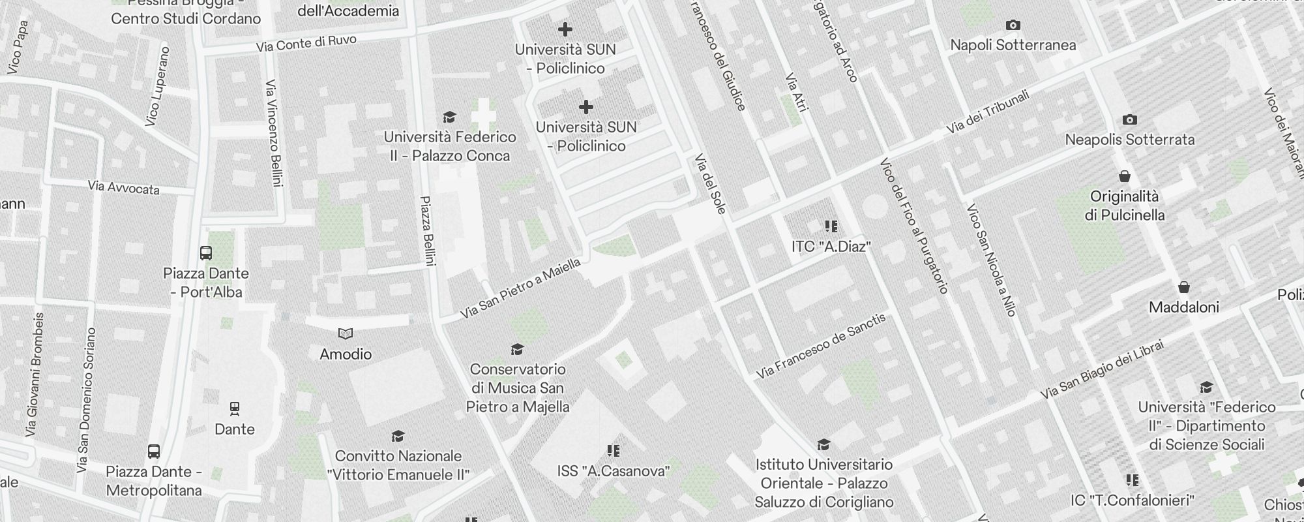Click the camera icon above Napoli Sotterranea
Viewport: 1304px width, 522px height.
coord(1013,25)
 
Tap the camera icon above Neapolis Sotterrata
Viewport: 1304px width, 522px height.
coord(1130,120)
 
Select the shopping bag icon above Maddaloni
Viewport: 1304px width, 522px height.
coord(1183,287)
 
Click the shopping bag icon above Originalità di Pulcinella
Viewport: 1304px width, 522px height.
coord(1125,176)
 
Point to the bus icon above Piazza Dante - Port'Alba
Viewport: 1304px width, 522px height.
coord(206,253)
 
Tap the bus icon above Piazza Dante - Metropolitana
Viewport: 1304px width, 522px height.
coord(154,452)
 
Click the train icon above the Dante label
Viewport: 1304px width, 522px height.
coord(235,409)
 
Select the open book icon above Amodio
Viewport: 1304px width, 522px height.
coord(346,334)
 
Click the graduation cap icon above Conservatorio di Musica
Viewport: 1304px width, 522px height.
coord(518,350)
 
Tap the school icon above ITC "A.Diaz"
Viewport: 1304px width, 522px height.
coord(831,226)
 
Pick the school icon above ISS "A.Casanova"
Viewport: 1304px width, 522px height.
coord(613,451)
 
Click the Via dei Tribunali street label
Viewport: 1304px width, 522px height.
coord(987,112)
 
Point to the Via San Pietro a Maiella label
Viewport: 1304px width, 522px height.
coord(520,288)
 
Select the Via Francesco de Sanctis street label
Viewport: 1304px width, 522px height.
coord(822,346)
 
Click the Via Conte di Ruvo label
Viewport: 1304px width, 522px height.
coord(306,44)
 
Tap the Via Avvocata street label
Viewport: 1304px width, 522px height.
coord(123,188)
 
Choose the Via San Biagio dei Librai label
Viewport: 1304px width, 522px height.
coord(1101,370)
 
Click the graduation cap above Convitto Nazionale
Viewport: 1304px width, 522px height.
coord(398,437)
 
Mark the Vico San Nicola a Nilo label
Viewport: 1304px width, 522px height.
coord(991,260)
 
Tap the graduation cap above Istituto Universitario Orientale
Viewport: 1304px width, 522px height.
coord(823,445)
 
